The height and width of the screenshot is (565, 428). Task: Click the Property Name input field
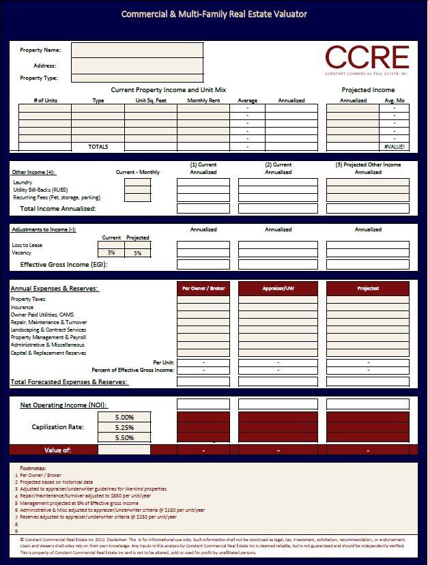[137, 50]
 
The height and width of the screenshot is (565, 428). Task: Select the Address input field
[137, 66]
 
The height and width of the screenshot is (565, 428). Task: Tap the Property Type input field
[137, 78]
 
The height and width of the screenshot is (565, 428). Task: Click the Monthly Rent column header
[203, 100]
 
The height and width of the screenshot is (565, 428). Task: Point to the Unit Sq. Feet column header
[150, 100]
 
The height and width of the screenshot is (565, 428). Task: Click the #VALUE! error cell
[395, 147]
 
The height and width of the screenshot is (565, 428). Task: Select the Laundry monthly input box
[137, 182]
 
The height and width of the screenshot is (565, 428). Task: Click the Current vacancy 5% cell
[111, 253]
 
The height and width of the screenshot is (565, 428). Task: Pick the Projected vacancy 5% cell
[137, 253]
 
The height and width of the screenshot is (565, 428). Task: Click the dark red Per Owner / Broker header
[203, 289]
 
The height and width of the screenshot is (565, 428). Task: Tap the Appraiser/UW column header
[278, 289]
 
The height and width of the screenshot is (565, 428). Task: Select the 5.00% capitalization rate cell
[124, 417]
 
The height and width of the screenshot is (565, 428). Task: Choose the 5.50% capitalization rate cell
[124, 437]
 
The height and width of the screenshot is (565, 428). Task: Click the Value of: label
[57, 450]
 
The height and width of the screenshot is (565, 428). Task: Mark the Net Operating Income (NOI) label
[63, 405]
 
